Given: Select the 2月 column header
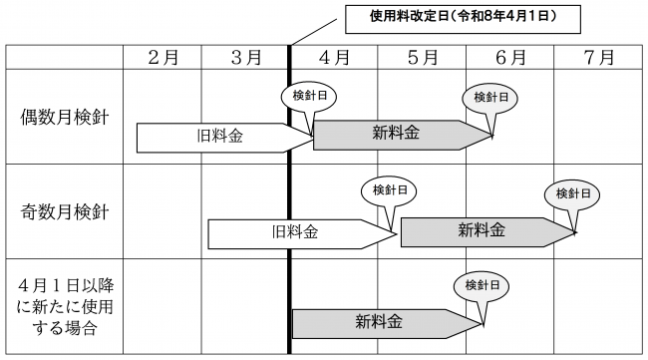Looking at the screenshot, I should [x=162, y=57].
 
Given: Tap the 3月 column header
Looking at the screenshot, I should [x=245, y=57].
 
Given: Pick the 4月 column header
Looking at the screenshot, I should [x=334, y=57].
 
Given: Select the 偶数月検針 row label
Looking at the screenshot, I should [x=65, y=117].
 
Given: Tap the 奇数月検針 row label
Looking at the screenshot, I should [x=65, y=211].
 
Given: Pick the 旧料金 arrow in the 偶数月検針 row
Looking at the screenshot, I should [x=224, y=136].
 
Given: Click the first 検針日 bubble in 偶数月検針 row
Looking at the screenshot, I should [x=307, y=98].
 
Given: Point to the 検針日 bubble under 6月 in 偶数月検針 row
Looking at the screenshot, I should [x=489, y=97].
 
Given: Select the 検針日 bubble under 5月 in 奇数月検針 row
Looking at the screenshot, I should [x=388, y=191].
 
